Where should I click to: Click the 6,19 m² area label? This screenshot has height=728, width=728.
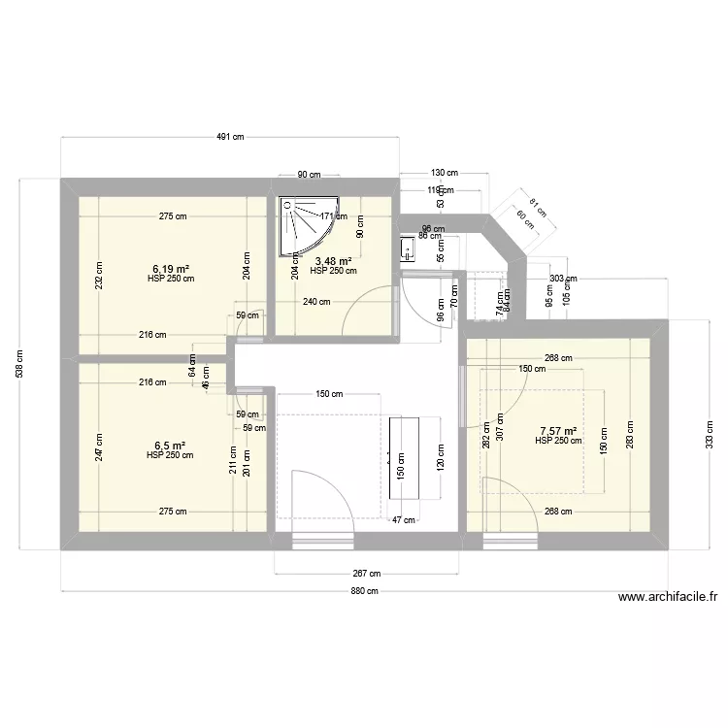coord(170,269)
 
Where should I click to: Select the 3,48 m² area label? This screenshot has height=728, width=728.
coord(333,261)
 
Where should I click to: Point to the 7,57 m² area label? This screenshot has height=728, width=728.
coord(558,431)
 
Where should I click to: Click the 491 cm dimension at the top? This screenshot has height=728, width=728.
coord(230,138)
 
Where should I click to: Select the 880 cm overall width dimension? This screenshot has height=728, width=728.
coord(364,591)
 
